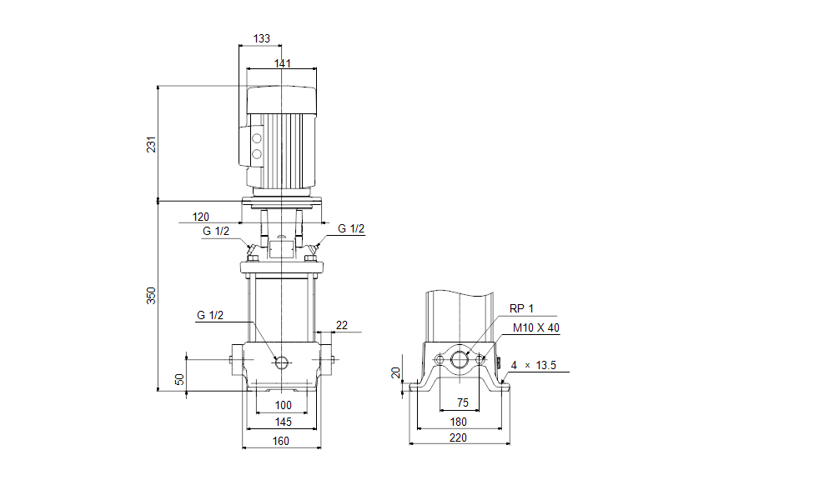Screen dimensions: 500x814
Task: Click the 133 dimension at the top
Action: [261, 38]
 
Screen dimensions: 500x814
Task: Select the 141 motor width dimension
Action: [283, 63]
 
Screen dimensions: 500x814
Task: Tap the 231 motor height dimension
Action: [152, 143]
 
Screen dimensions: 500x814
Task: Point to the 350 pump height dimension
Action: [152, 295]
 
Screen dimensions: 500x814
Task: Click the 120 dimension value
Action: [200, 217]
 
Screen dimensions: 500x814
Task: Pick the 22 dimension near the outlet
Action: [342, 324]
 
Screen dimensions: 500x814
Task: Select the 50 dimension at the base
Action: [178, 378]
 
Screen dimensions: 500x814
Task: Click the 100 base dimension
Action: [284, 405]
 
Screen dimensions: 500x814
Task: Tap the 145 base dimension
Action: [284, 422]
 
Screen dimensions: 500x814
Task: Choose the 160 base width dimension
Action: [282, 441]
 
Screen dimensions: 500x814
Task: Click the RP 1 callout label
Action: [521, 309]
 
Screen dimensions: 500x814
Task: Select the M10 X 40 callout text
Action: [536, 327]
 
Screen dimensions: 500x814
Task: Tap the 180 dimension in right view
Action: [459, 422]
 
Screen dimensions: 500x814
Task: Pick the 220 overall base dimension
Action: [459, 437]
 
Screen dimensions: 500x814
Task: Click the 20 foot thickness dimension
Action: [396, 372]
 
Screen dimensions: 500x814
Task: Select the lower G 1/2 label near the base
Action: [211, 316]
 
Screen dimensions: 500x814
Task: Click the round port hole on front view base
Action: [281, 362]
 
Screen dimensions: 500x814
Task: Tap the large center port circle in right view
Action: [460, 360]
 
